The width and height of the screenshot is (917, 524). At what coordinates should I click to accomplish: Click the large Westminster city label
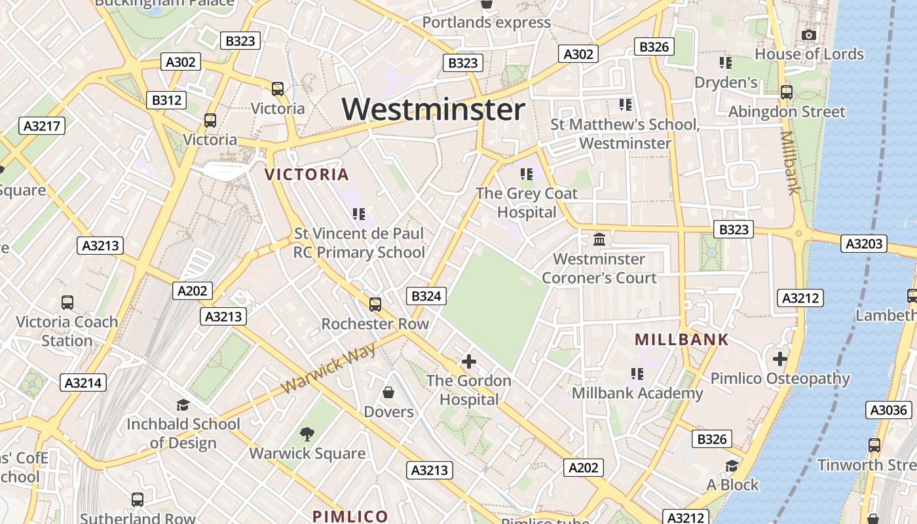point(434,109)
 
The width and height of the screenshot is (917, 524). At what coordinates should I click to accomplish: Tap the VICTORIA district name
point(307,174)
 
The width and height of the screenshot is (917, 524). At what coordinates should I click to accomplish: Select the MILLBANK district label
point(682,339)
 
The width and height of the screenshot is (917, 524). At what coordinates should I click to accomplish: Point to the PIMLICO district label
point(350,515)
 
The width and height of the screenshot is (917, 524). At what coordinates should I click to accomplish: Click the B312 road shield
point(167,100)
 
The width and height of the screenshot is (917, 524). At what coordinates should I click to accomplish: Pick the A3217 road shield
point(43,126)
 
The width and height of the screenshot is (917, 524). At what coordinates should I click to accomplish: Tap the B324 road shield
point(426,296)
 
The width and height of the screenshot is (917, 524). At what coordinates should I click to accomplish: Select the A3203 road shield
point(864,244)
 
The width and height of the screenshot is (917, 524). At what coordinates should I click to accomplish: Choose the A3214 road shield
point(84,383)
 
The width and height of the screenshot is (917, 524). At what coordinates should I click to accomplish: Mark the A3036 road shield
point(888,411)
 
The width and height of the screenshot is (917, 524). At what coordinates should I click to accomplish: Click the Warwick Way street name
point(329,369)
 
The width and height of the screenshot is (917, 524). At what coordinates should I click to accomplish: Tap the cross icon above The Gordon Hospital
point(468,361)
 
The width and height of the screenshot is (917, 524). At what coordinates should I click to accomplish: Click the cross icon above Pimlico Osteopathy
point(779,358)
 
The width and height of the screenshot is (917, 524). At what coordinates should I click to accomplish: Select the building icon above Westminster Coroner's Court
point(599,239)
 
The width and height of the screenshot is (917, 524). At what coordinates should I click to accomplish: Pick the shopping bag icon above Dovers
point(388,392)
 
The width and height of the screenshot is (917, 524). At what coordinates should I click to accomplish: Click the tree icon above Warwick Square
point(307,433)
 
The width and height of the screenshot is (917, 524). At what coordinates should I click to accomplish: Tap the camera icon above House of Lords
point(809,35)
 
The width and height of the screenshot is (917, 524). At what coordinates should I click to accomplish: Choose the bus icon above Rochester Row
point(375,304)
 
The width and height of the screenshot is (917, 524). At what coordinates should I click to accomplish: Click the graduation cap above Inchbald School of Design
point(183,405)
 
